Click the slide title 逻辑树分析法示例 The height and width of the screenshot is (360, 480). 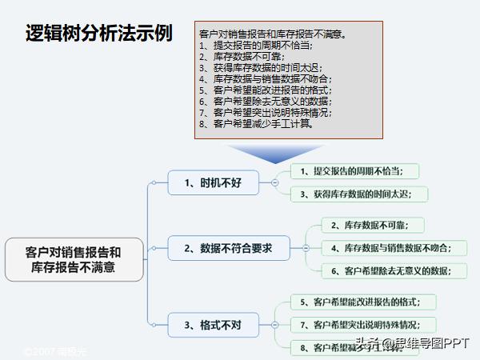(x=99, y=34)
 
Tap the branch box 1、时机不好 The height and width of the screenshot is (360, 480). (x=213, y=182)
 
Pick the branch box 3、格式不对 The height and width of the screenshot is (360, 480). (x=213, y=325)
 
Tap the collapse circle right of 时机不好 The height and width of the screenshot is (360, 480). (x=275, y=182)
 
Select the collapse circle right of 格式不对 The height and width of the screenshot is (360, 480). (x=275, y=325)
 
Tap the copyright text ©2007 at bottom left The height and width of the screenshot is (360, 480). (x=56, y=351)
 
